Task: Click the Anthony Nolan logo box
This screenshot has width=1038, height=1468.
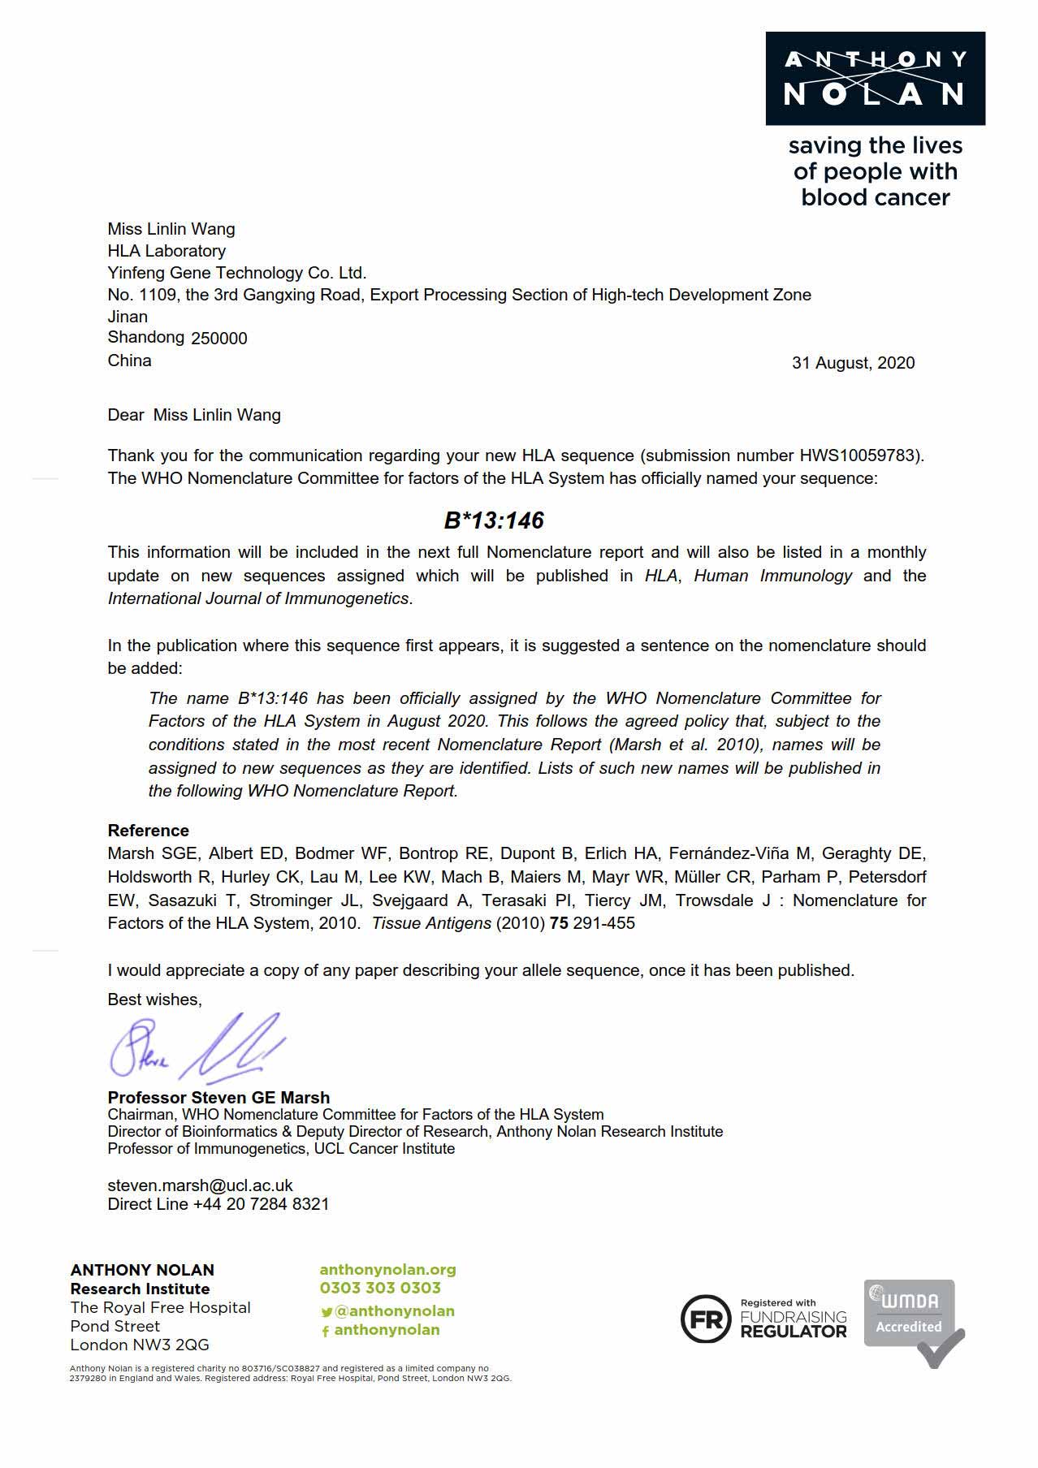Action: tap(875, 79)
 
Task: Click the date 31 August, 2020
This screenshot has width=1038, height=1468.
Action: tap(853, 363)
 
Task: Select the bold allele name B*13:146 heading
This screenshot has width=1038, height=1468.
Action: tap(494, 520)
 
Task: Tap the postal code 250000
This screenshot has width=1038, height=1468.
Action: tap(219, 339)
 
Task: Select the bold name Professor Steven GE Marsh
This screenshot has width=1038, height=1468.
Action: tap(218, 1097)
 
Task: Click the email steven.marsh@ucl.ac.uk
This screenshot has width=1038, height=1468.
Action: tap(200, 1185)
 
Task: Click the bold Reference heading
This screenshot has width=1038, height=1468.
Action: tap(148, 831)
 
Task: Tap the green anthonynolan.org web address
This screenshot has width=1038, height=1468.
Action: tap(387, 1270)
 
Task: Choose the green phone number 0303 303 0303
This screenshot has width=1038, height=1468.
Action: tap(380, 1288)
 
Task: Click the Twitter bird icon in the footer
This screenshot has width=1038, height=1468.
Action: tap(327, 1312)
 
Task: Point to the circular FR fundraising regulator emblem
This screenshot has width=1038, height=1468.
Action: tap(705, 1319)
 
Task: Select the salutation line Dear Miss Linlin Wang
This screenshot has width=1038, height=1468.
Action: tap(194, 415)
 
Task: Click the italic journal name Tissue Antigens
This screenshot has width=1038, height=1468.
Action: tap(431, 923)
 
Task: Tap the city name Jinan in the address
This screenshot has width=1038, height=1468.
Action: tap(128, 317)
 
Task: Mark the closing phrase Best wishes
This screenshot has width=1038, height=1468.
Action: tap(154, 1000)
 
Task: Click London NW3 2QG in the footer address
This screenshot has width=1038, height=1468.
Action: tap(140, 1345)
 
